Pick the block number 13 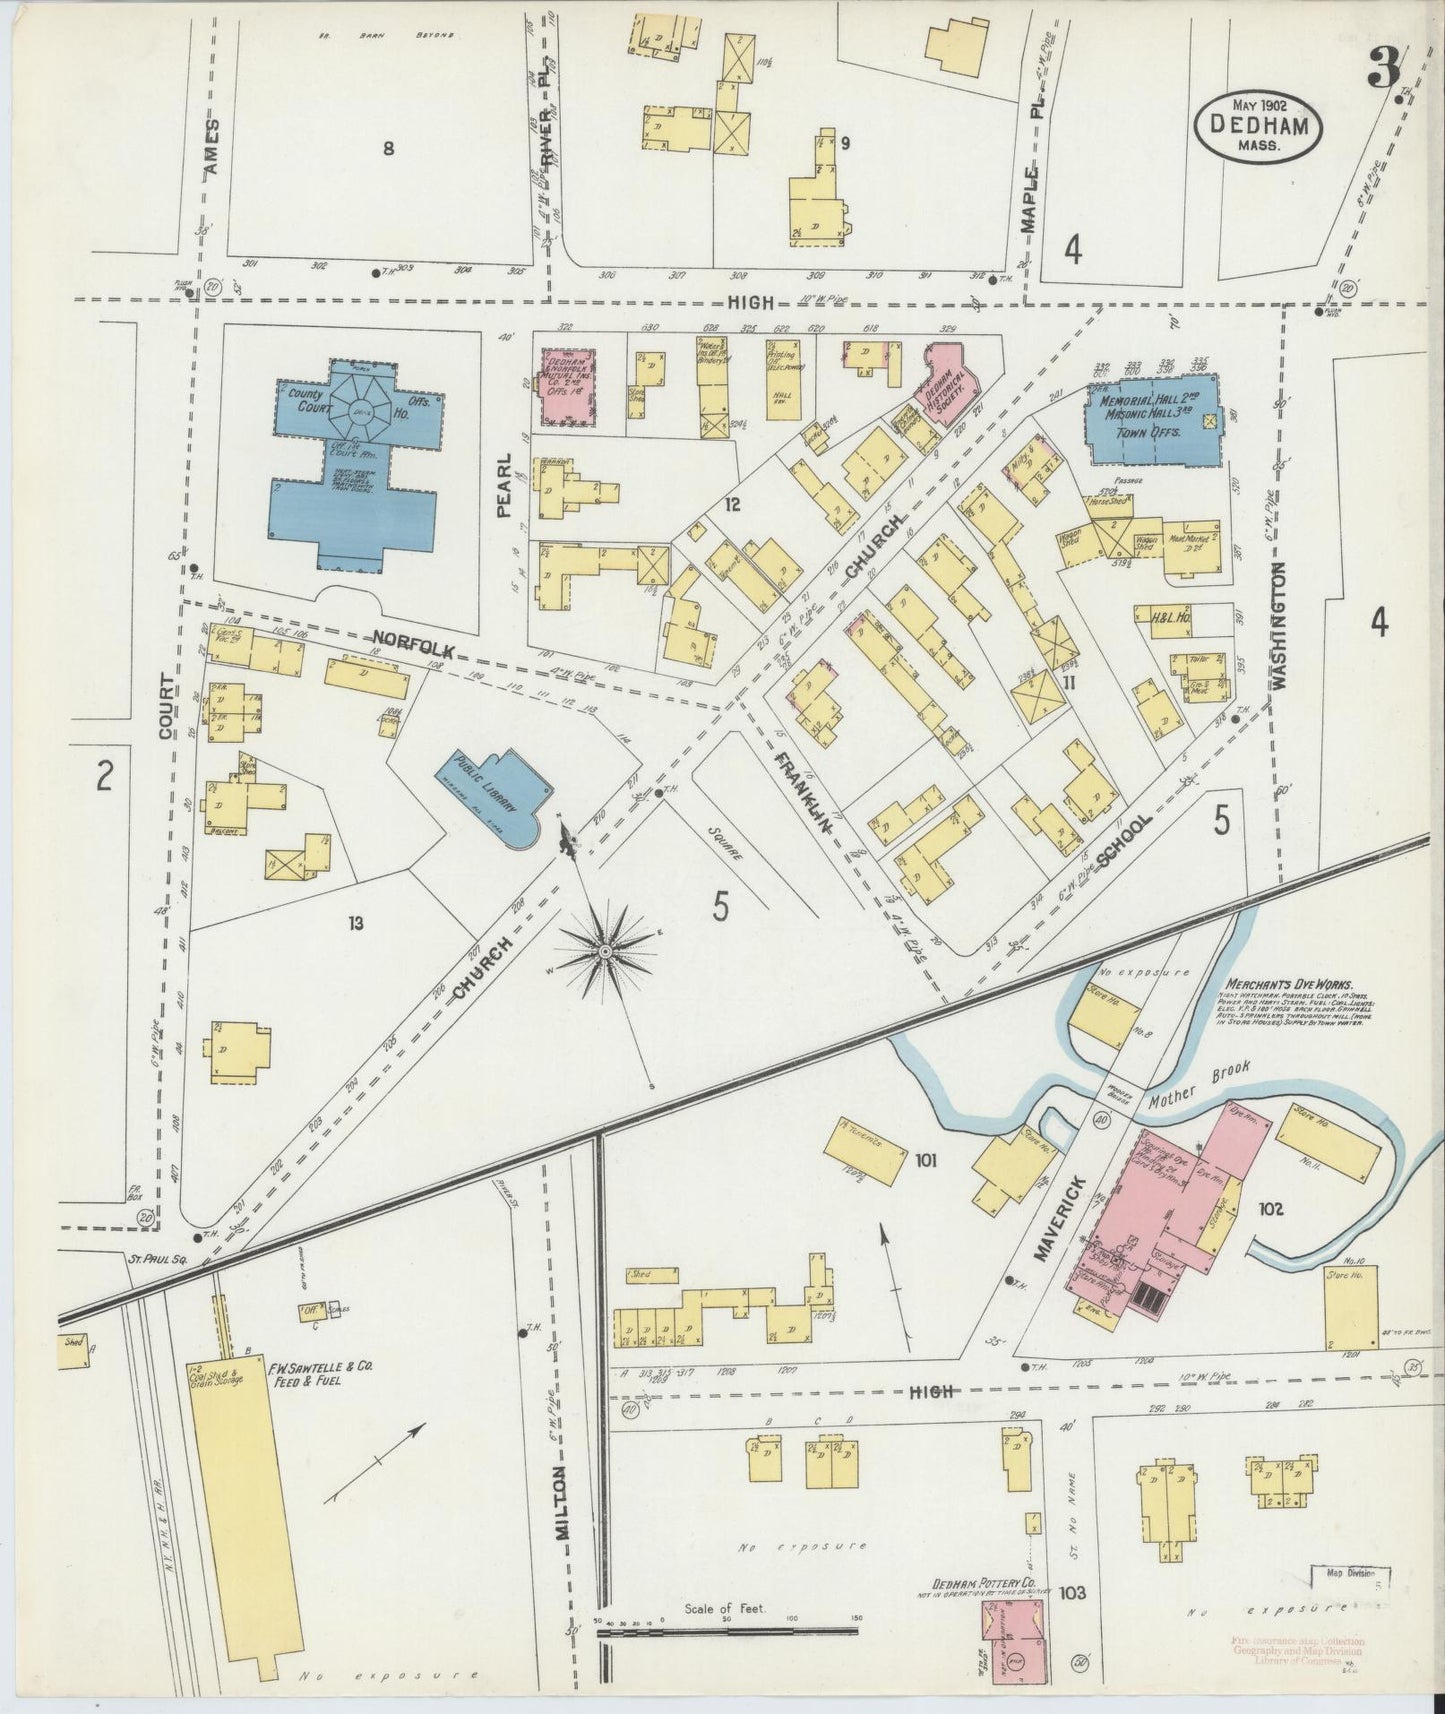click(x=355, y=922)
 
